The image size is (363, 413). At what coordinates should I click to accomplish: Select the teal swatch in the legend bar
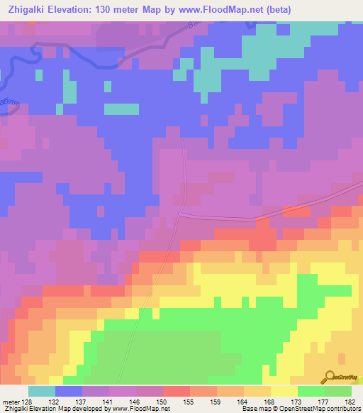coord(42,391)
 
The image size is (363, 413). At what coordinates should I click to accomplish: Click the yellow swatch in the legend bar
coord(284,391)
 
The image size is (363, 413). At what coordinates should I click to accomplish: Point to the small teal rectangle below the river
coord(122,109)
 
